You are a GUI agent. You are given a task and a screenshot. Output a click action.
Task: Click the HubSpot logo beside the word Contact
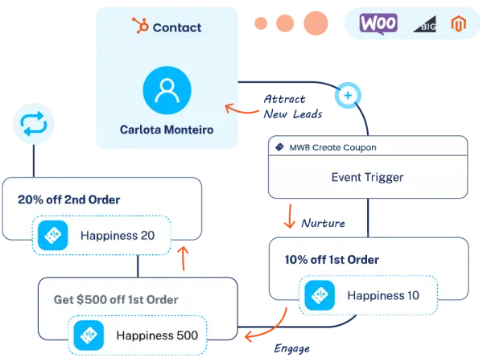[x=140, y=27]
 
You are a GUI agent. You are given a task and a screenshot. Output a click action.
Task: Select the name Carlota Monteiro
[x=167, y=129]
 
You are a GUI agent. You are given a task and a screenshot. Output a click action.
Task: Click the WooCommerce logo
[x=378, y=24]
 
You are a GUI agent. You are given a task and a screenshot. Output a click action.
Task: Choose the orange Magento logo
[x=459, y=24]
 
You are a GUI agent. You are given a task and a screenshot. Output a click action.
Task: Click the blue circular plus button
[x=348, y=95]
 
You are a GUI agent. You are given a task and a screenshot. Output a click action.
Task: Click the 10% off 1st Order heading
[x=331, y=260]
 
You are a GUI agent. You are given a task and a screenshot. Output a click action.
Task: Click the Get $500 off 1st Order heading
[x=116, y=299]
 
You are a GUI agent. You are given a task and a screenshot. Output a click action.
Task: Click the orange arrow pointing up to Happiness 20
[x=183, y=259]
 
